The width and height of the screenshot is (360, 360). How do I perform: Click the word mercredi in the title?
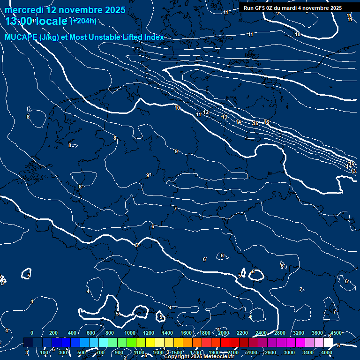(x=24, y=10)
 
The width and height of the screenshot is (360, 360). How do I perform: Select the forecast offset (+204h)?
(x=83, y=21)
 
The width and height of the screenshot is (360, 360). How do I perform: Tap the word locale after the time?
(x=52, y=21)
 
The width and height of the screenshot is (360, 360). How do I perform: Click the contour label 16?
(x=266, y=122)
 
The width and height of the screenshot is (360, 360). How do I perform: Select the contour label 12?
(x=206, y=112)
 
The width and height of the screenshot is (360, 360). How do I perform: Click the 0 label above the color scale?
(x=32, y=333)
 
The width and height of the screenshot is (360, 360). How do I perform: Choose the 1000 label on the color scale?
(x=130, y=333)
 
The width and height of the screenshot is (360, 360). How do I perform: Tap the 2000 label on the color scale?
(x=224, y=333)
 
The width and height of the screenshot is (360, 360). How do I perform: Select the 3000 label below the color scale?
(x=289, y=352)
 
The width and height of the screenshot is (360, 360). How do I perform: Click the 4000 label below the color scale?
(x=327, y=352)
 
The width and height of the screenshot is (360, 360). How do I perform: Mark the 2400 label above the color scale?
(x=261, y=333)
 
